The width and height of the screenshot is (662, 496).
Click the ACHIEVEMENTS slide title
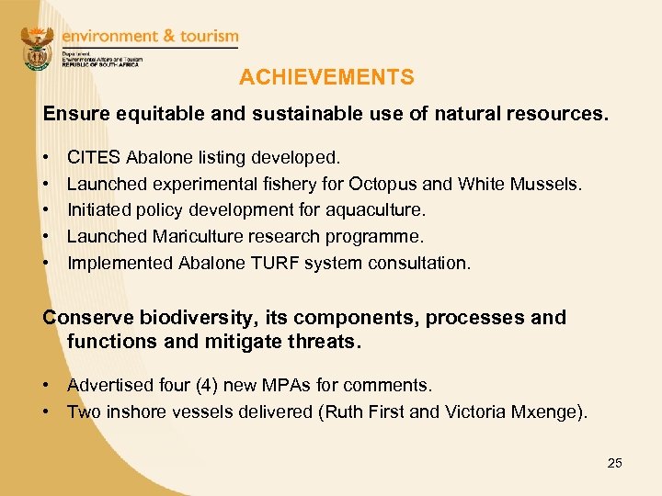(326, 78)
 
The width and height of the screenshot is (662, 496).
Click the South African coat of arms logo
(38, 49)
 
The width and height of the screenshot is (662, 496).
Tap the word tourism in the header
(202, 36)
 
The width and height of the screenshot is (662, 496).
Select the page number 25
(614, 463)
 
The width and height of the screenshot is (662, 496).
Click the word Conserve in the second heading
(88, 318)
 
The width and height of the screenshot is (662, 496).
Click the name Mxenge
(546, 411)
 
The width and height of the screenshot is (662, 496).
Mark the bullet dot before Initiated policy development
(47, 210)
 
